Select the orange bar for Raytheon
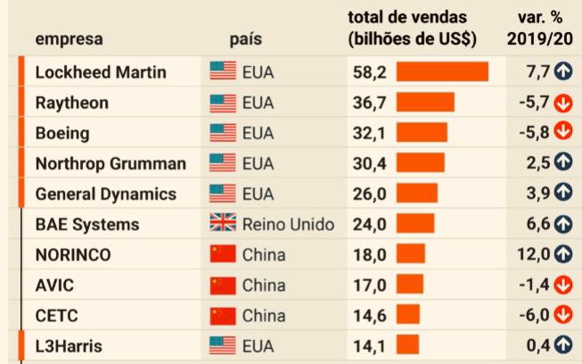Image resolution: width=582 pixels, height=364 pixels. pyautogui.click(x=425, y=103)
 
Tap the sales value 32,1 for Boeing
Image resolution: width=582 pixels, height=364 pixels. pyautogui.click(x=369, y=133)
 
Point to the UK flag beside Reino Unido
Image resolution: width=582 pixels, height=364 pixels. pyautogui.click(x=222, y=224)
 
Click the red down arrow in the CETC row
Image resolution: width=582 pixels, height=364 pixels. pyautogui.click(x=562, y=315)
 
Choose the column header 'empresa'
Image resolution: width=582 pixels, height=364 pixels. pyautogui.click(x=69, y=39)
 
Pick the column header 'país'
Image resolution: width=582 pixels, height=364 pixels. pyautogui.click(x=246, y=39)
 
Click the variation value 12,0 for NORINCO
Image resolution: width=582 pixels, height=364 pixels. pyautogui.click(x=533, y=254)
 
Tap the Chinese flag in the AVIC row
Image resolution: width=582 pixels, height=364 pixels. pyautogui.click(x=222, y=285)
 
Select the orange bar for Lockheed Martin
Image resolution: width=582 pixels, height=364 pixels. pyautogui.click(x=442, y=72)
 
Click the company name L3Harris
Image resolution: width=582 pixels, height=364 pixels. pyautogui.click(x=69, y=345)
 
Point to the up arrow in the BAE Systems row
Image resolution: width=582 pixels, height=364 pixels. pyautogui.click(x=562, y=224)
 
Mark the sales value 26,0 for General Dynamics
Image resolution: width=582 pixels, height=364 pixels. pyautogui.click(x=369, y=194)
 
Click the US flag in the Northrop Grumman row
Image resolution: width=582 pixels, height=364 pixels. pyautogui.click(x=222, y=163)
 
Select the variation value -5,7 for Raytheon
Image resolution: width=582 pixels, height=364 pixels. pyautogui.click(x=535, y=103)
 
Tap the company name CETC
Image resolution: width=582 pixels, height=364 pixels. pyautogui.click(x=58, y=315)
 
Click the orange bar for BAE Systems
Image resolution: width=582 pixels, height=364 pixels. pyautogui.click(x=414, y=224)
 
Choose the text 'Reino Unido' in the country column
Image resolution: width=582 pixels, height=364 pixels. pyautogui.click(x=288, y=224)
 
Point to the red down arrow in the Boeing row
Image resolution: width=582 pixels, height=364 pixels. pyautogui.click(x=562, y=133)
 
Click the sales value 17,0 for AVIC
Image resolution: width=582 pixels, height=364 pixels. pyautogui.click(x=369, y=285)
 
